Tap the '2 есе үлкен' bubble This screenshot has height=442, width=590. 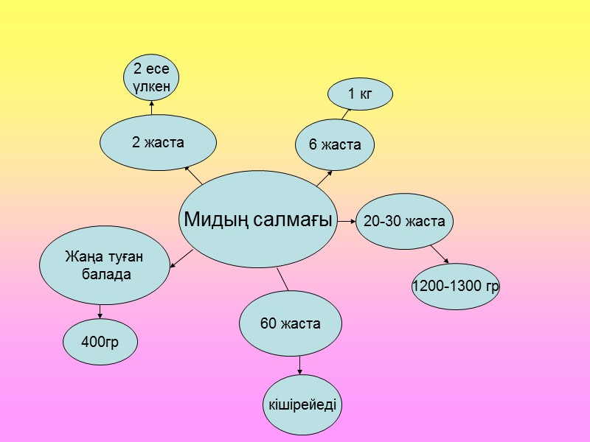point(152,77)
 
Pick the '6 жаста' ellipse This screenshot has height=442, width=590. point(335,144)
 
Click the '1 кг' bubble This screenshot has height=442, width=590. point(360,94)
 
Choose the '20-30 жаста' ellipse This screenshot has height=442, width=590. point(404,220)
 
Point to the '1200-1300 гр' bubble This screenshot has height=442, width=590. point(455,285)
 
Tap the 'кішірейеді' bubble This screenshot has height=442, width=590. point(302,404)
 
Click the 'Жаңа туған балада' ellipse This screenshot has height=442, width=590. point(103,267)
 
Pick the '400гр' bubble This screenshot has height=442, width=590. point(100,341)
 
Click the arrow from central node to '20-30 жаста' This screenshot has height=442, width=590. point(347,220)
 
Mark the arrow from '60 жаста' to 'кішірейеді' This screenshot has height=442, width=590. point(299,365)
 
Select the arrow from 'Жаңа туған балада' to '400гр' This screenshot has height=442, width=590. point(100,312)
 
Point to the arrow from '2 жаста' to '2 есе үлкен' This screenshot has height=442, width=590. point(151,108)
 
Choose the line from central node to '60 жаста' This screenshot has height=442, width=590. point(282,279)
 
